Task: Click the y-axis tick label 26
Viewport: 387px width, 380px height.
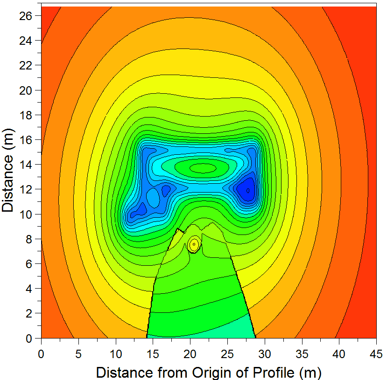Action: click(26, 16)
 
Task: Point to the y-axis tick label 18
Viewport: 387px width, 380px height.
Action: click(26, 115)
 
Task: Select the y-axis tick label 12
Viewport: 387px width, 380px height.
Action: click(26, 190)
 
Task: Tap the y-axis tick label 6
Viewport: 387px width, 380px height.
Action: click(29, 264)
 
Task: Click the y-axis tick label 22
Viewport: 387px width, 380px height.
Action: click(26, 66)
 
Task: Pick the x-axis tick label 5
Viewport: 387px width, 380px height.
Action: click(78, 354)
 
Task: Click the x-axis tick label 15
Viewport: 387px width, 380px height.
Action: click(153, 354)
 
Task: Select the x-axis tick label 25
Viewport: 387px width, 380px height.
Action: click(227, 354)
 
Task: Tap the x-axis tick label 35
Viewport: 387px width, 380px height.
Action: click(302, 354)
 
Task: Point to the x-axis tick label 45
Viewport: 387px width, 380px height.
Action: click(376, 354)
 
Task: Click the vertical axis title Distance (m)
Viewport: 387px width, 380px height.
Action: click(7, 170)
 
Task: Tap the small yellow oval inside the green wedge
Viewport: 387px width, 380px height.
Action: click(194, 244)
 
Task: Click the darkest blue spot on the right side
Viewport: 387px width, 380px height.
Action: click(248, 190)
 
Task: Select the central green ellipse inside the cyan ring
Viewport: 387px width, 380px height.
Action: click(203, 168)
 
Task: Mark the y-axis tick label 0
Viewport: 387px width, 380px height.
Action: click(29, 339)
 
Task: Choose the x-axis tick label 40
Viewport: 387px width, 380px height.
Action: click(339, 354)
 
